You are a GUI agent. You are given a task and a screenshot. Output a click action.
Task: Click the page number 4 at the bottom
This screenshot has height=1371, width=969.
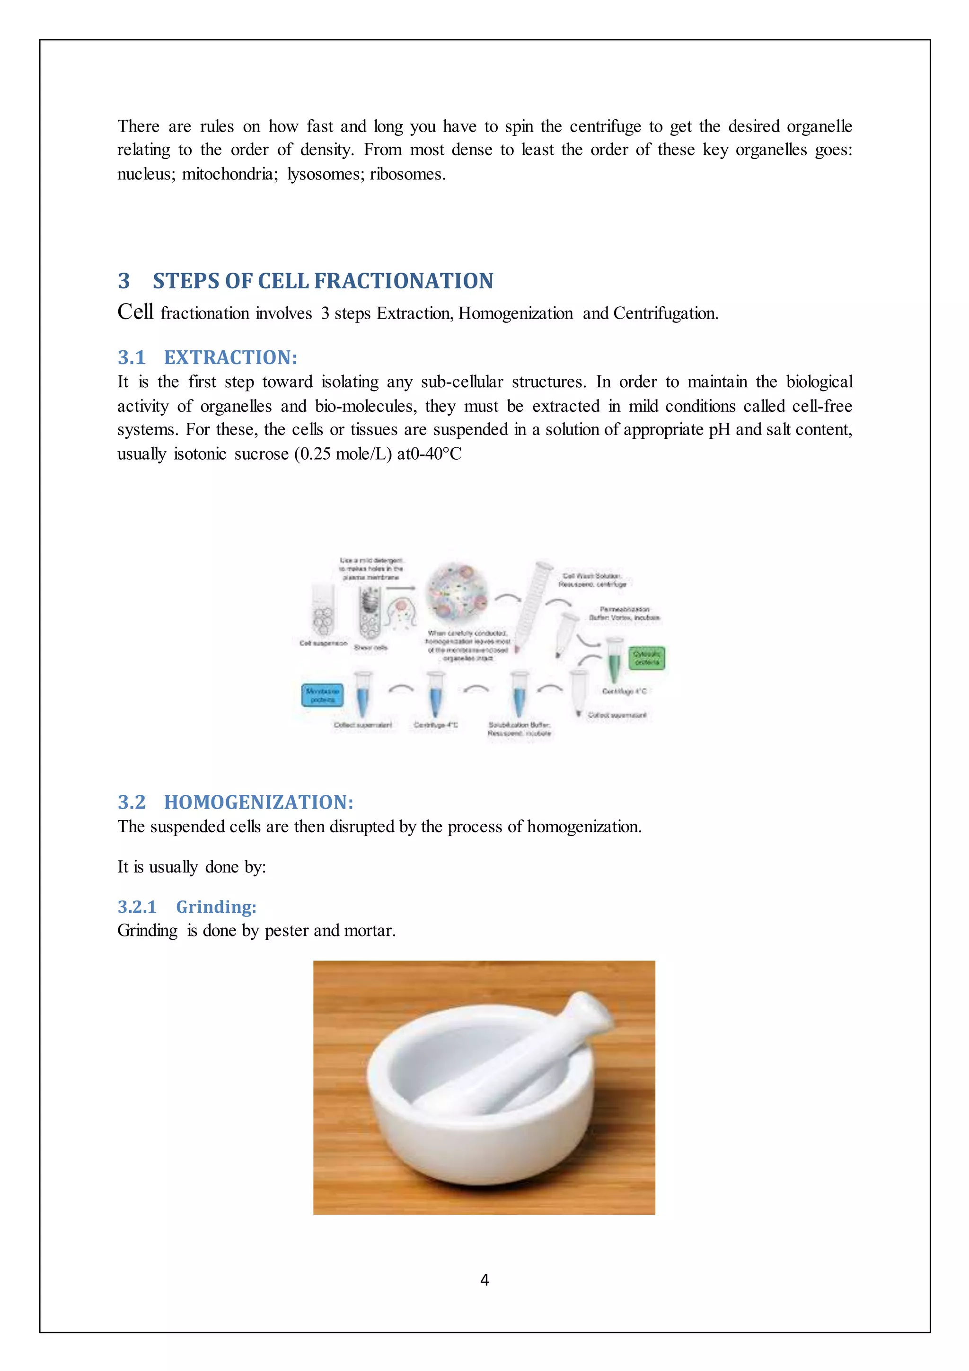coord(484,1280)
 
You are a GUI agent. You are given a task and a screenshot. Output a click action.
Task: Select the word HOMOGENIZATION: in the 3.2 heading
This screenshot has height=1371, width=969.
coord(258,802)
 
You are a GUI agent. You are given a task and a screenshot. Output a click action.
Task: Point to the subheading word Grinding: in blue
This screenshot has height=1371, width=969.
coord(216,907)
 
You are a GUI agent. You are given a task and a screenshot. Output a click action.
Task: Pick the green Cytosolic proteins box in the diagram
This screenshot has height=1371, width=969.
coord(646,658)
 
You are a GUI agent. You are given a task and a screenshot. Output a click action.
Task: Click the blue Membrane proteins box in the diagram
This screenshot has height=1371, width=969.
coord(322,695)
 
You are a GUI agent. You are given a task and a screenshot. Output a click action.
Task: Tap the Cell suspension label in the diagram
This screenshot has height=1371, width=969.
coord(323,643)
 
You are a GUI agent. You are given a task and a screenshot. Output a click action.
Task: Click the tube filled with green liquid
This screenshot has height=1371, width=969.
coord(614,659)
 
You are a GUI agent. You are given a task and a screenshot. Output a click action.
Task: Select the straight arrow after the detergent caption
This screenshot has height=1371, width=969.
coord(400,588)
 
